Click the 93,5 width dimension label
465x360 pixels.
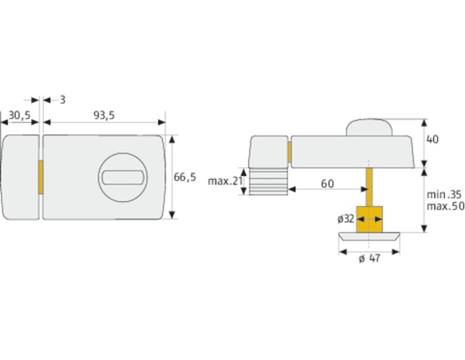click(104, 115)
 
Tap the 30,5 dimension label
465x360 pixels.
click(19, 115)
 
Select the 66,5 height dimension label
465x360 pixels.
click(184, 177)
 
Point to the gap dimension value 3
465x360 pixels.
click(62, 100)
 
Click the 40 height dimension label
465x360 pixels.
click(432, 139)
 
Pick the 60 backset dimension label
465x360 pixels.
click(327, 183)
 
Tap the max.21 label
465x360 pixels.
click(225, 181)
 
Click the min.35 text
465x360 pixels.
click(444, 194)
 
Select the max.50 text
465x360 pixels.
click(446, 206)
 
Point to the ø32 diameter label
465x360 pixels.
click(346, 218)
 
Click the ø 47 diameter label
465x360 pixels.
click(370, 259)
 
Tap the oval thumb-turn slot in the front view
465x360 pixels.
click(123, 177)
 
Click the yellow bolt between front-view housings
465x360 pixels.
click(41, 177)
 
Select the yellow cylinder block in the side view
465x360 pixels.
click(369, 219)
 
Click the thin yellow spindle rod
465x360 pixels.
click(369, 187)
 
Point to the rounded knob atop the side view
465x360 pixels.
click(369, 128)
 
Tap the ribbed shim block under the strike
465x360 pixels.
click(268, 182)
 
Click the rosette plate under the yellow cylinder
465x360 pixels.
click(369, 236)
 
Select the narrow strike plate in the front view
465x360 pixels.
click(19, 177)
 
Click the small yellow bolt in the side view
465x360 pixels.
click(289, 153)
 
